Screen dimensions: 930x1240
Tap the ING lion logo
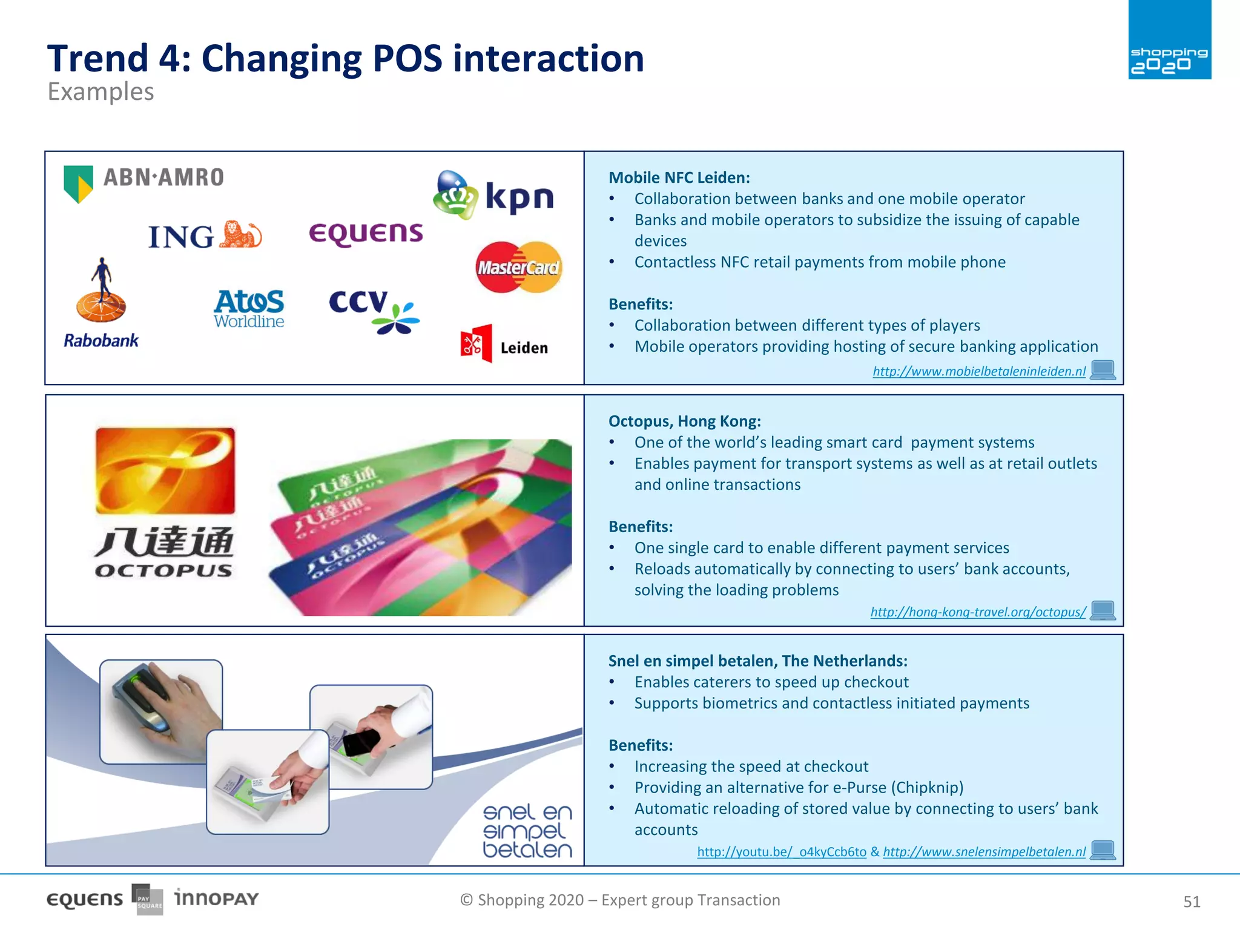tap(205, 236)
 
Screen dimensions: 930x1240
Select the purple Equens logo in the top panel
tap(366, 234)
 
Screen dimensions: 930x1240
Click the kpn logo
tap(494, 196)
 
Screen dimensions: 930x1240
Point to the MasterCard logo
tap(519, 267)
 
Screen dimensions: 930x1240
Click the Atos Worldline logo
tap(249, 308)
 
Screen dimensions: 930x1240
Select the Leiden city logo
tap(504, 345)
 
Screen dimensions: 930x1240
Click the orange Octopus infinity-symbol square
tap(165, 470)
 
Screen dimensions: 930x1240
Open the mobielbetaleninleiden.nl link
tap(978, 371)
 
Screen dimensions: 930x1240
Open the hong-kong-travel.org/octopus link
tap(978, 612)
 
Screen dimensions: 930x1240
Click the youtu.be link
tap(781, 852)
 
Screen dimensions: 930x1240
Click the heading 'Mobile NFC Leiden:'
tap(679, 177)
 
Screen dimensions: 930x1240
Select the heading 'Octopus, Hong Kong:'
tap(684, 421)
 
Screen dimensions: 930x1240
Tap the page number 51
tap(1191, 902)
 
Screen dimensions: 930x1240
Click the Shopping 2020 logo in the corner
tap(1169, 41)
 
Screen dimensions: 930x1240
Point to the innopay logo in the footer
tap(216, 898)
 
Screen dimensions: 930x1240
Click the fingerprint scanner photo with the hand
tap(161, 711)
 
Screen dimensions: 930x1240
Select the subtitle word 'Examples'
tap(101, 92)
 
